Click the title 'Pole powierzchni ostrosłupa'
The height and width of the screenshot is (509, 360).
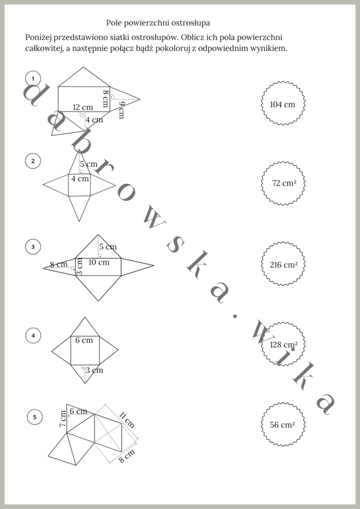(158, 23)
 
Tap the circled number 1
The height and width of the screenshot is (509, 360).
(33, 79)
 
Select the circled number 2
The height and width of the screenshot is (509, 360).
(33, 161)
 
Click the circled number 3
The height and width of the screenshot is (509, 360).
(33, 247)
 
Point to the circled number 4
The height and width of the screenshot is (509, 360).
(33, 335)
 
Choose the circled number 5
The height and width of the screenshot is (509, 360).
(35, 417)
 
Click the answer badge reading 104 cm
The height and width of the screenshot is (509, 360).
(283, 103)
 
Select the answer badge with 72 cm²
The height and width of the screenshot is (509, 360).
(284, 183)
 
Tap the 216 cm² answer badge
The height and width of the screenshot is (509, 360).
(284, 264)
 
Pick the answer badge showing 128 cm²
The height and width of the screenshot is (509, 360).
(284, 344)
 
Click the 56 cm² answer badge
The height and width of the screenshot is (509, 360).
(283, 424)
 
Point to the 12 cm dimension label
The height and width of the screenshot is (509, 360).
(83, 107)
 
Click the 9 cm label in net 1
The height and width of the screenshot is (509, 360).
(121, 110)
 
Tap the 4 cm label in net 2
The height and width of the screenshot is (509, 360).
(80, 179)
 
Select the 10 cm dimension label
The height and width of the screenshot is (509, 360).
(98, 262)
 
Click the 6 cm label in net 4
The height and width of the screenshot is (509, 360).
(84, 340)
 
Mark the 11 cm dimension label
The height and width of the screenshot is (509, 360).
(127, 420)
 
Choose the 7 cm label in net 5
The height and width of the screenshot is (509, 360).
(63, 419)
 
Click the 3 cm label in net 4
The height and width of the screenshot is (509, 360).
(94, 370)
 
